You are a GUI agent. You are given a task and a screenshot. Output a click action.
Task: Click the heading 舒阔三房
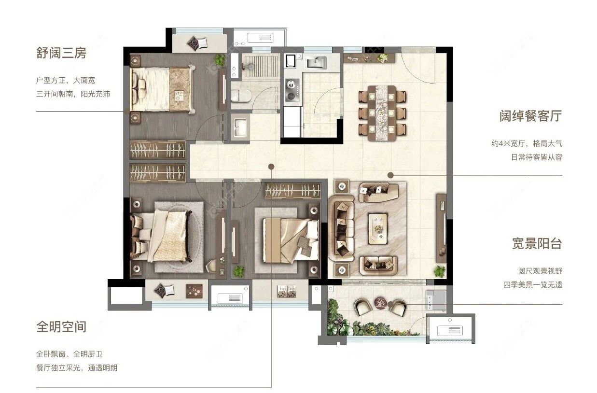pos(61,53)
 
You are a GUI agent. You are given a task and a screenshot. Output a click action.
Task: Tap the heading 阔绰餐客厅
pos(530,116)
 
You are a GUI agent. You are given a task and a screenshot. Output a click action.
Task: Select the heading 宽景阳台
pos(537,243)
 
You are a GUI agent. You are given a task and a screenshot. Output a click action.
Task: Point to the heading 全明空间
pos(61,327)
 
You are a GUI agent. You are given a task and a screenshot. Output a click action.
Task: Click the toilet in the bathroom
pos(241,96)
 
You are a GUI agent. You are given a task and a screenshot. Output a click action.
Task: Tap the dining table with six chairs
pos(382,113)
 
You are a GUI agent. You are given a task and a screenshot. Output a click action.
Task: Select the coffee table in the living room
pos(378,228)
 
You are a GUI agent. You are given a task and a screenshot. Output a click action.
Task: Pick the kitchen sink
pos(317,62)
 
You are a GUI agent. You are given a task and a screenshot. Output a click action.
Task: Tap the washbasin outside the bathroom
pos(240,127)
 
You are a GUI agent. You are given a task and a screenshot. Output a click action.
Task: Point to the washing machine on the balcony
pos(435,300)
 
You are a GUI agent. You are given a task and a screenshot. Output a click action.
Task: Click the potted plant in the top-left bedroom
pos(220,60)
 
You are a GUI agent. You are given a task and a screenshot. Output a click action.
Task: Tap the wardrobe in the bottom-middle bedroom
pos(292,191)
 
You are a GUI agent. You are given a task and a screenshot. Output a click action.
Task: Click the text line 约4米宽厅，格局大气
pos(527,143)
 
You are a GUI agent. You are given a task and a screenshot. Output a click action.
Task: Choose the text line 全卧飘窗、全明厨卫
pos(69,354)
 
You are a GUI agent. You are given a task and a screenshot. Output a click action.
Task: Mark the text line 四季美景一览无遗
pos(533,285)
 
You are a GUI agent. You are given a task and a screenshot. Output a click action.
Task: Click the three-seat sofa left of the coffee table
pos(341,228)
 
